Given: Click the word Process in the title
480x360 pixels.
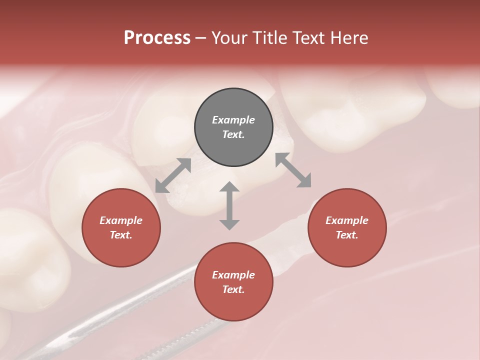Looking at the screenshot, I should tap(157, 38).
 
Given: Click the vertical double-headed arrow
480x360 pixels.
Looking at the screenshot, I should tap(229, 205).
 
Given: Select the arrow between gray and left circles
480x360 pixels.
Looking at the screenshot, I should tap(173, 175).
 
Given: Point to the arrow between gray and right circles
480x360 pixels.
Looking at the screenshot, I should tap(293, 170).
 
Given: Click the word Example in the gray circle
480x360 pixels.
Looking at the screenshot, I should tap(233, 120).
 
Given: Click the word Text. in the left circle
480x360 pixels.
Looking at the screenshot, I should tap(121, 235).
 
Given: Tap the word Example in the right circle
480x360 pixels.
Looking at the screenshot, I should tap(347, 220).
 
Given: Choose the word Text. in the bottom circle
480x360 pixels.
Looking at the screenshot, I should tap(233, 289).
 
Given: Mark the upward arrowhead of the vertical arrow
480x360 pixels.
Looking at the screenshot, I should tap(229, 187).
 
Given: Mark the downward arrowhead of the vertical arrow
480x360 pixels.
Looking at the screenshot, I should tap(229, 224).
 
